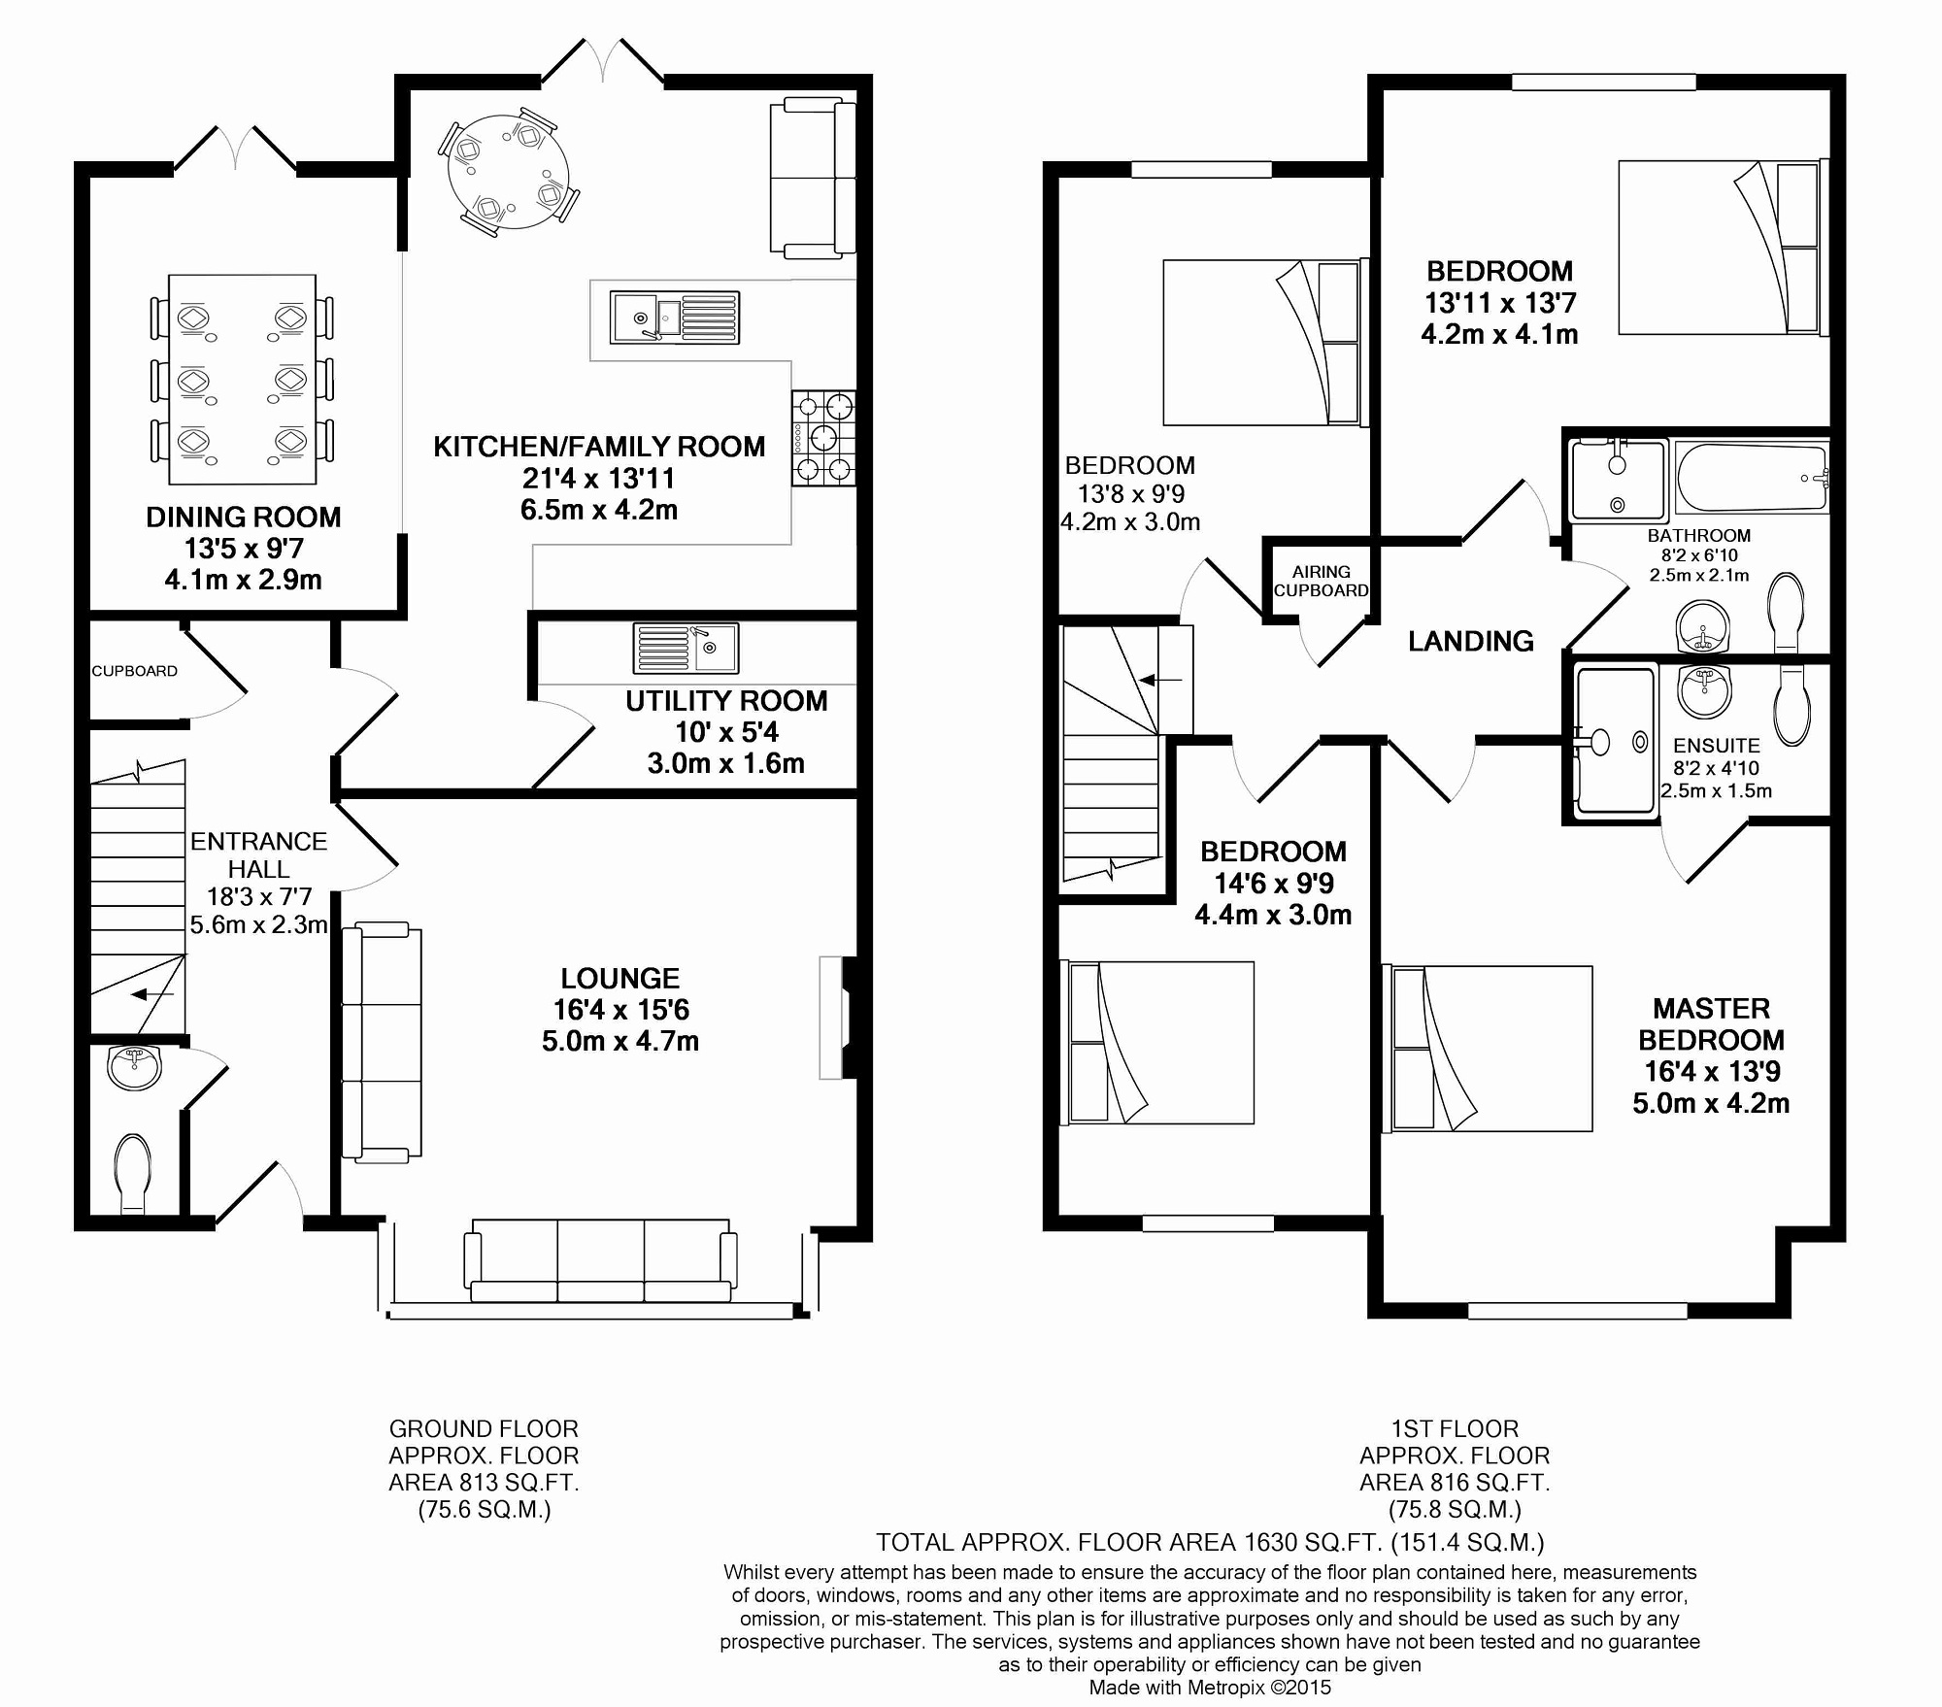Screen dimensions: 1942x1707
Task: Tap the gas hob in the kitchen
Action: point(823,438)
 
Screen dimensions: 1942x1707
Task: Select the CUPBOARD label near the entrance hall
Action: point(135,671)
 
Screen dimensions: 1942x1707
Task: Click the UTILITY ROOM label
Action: point(726,701)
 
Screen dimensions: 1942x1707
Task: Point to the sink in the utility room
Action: point(686,648)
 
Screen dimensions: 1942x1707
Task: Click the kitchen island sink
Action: point(675,318)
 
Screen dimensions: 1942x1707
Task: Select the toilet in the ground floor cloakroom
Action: point(133,1174)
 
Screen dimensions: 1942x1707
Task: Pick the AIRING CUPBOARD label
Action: point(1321,582)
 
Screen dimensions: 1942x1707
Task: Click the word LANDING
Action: point(1471,641)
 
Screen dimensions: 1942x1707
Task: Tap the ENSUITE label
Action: point(1717,746)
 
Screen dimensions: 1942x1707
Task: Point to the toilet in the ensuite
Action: point(1792,705)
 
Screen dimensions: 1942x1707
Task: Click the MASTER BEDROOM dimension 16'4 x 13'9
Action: point(1712,1071)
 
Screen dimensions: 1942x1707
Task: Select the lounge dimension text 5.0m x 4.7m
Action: point(620,1041)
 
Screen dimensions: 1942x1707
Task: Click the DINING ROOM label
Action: point(244,518)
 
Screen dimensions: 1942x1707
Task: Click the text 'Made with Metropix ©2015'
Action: point(1210,1688)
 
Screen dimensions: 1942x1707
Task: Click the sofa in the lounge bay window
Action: point(600,1260)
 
